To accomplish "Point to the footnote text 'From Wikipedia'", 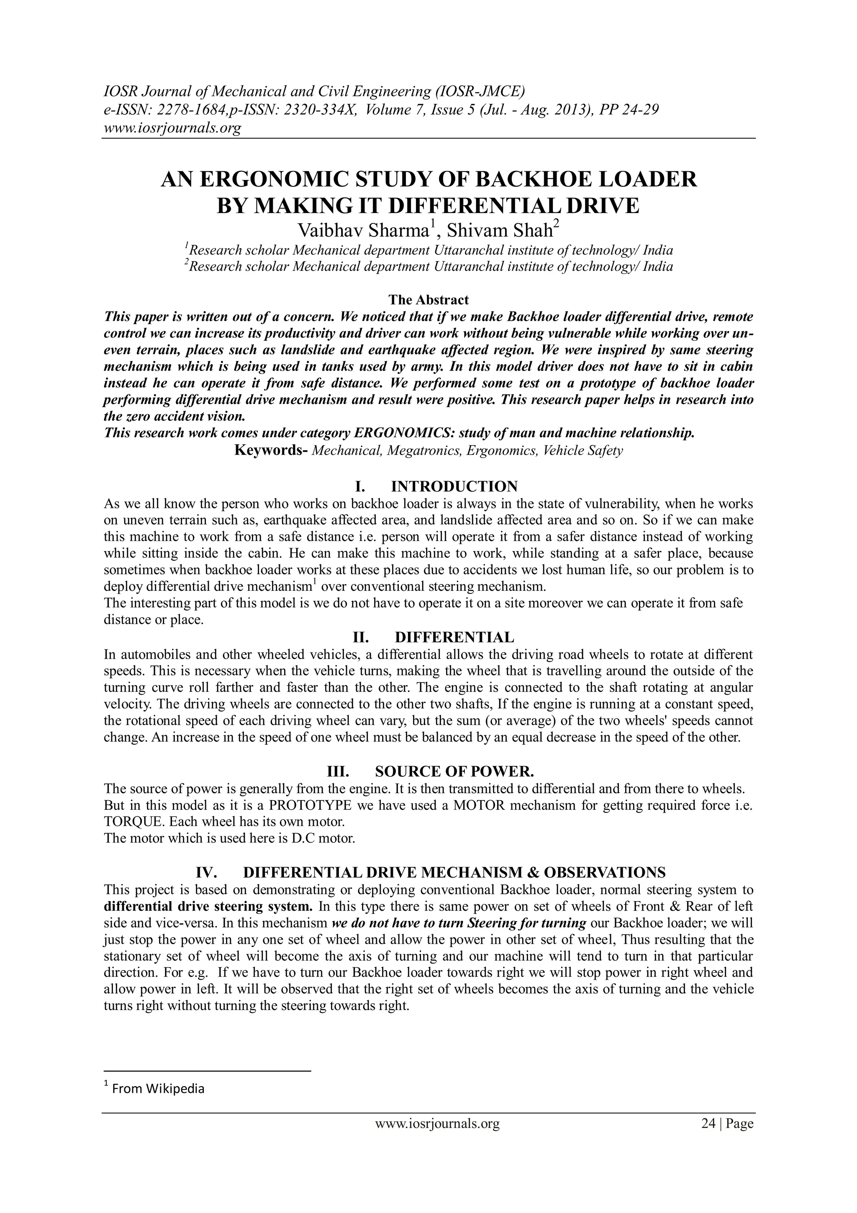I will pyautogui.click(x=158, y=1088).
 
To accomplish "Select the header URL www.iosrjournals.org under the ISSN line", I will pyautogui.click(x=172, y=128).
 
